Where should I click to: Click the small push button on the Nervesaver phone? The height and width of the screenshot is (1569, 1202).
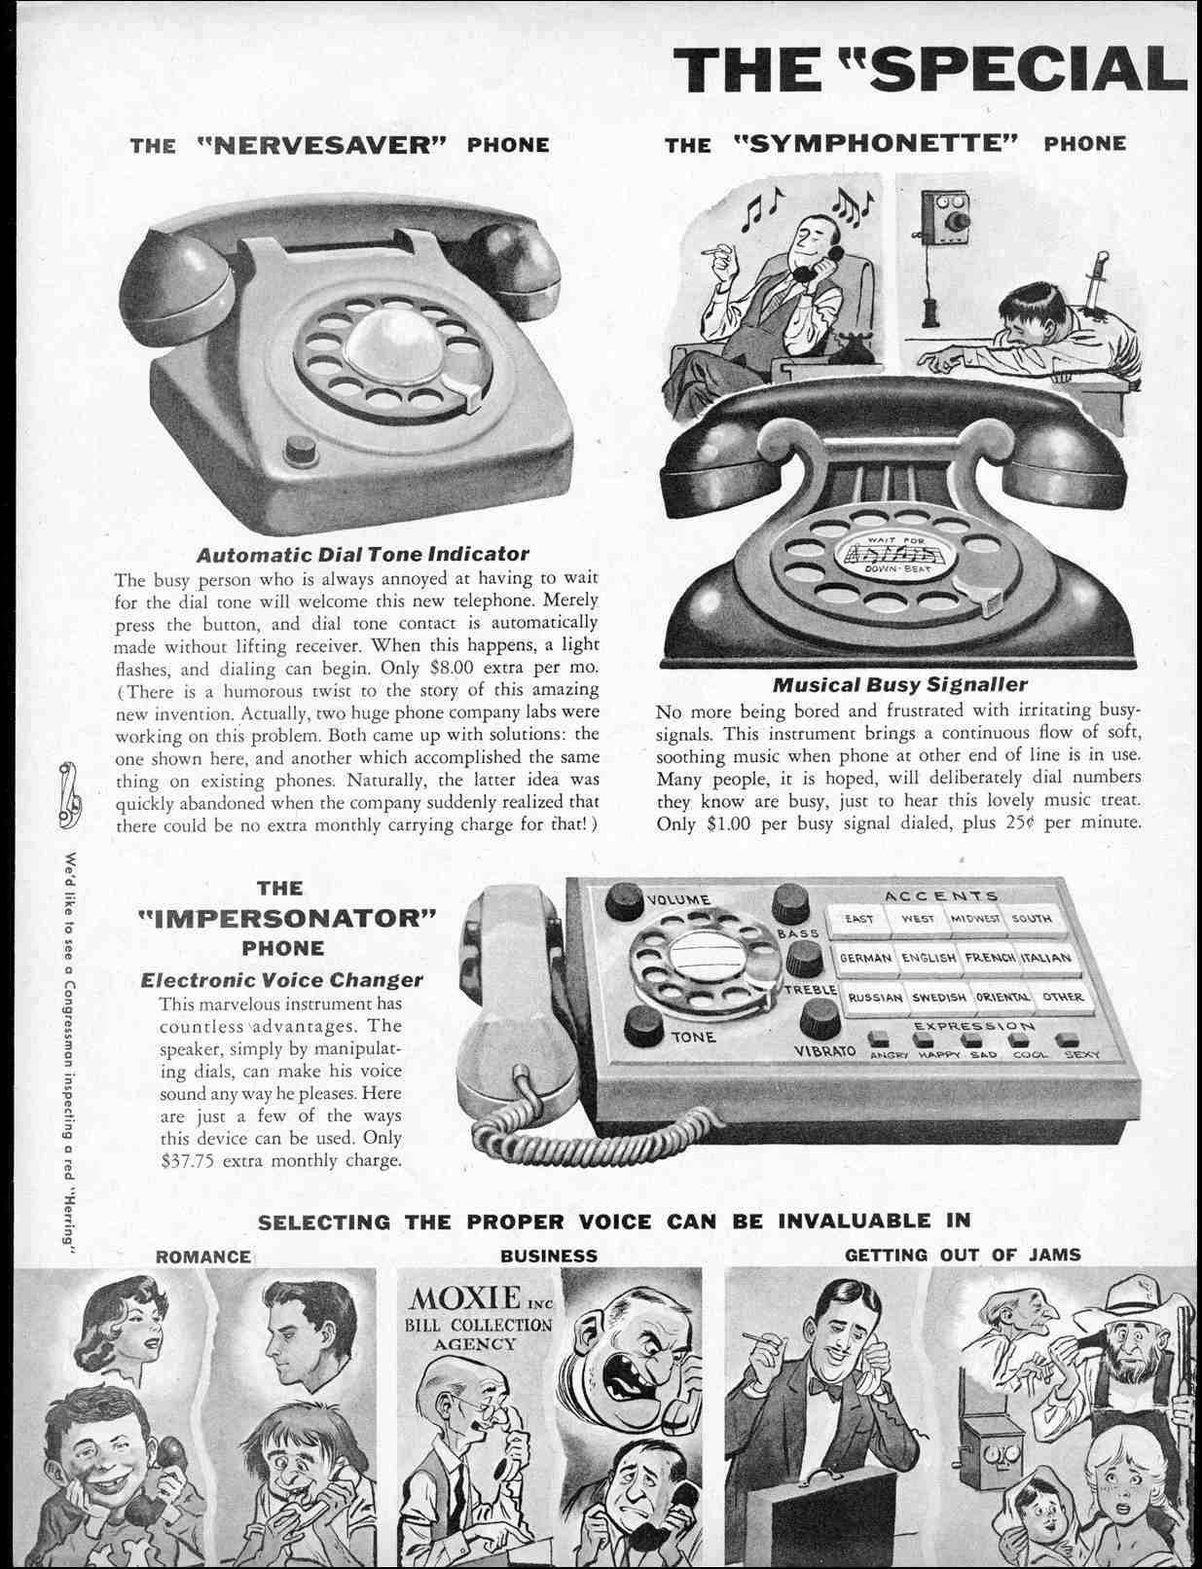tap(299, 450)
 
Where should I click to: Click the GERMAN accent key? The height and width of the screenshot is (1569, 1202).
tap(865, 958)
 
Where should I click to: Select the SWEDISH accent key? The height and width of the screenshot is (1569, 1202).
tap(938, 997)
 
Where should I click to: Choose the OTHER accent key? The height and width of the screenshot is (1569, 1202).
tap(1063, 997)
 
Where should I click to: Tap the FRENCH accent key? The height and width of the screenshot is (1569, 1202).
tap(990, 958)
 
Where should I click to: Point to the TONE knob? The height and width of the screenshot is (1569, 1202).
tap(644, 1025)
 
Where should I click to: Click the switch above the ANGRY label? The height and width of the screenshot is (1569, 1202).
tap(879, 1039)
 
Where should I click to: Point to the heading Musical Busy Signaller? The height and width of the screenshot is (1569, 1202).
tap(899, 684)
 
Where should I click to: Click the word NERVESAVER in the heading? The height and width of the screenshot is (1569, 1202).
tap(322, 144)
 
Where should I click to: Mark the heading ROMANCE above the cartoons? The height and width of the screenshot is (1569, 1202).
tap(202, 1257)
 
